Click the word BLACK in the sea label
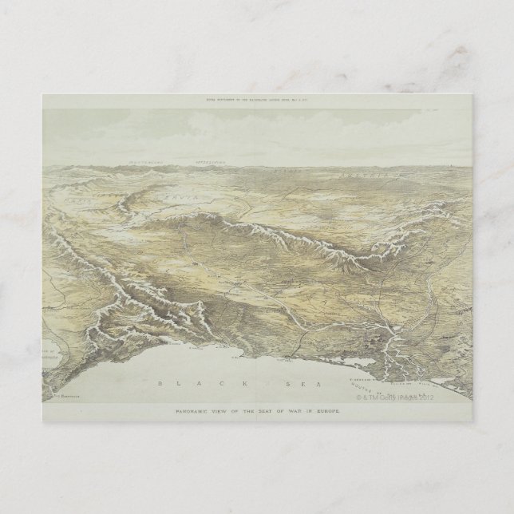[181, 382]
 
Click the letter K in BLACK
[207, 382]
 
